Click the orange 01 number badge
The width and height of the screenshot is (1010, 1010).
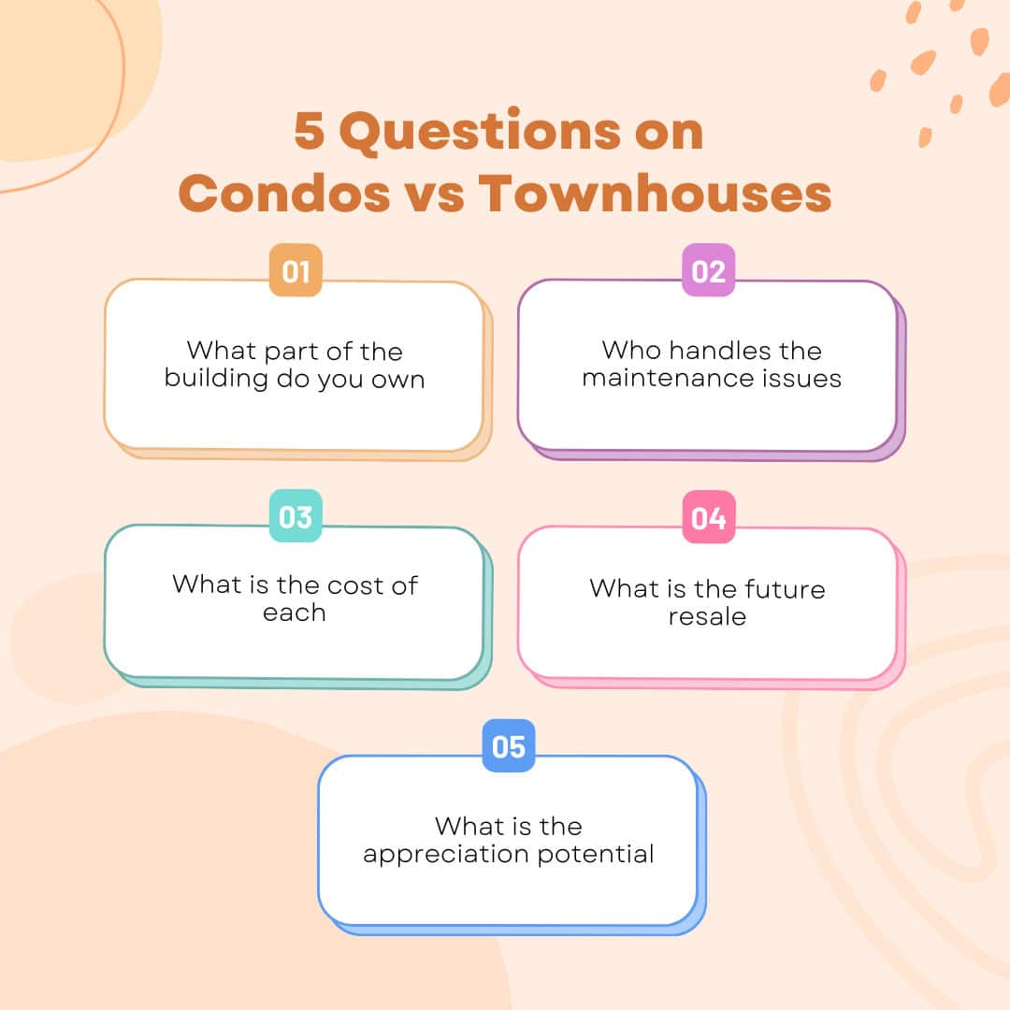pos(296,271)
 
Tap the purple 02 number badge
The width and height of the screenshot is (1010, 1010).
pos(709,271)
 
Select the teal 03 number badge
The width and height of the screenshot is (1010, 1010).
pos(296,516)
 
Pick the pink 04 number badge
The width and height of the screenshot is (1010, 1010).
pos(709,517)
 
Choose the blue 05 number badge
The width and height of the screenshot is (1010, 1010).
pos(509,746)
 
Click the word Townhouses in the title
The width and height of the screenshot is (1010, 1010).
pos(655,194)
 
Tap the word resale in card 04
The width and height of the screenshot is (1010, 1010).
pos(707,617)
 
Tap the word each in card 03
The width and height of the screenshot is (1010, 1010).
pos(294,613)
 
